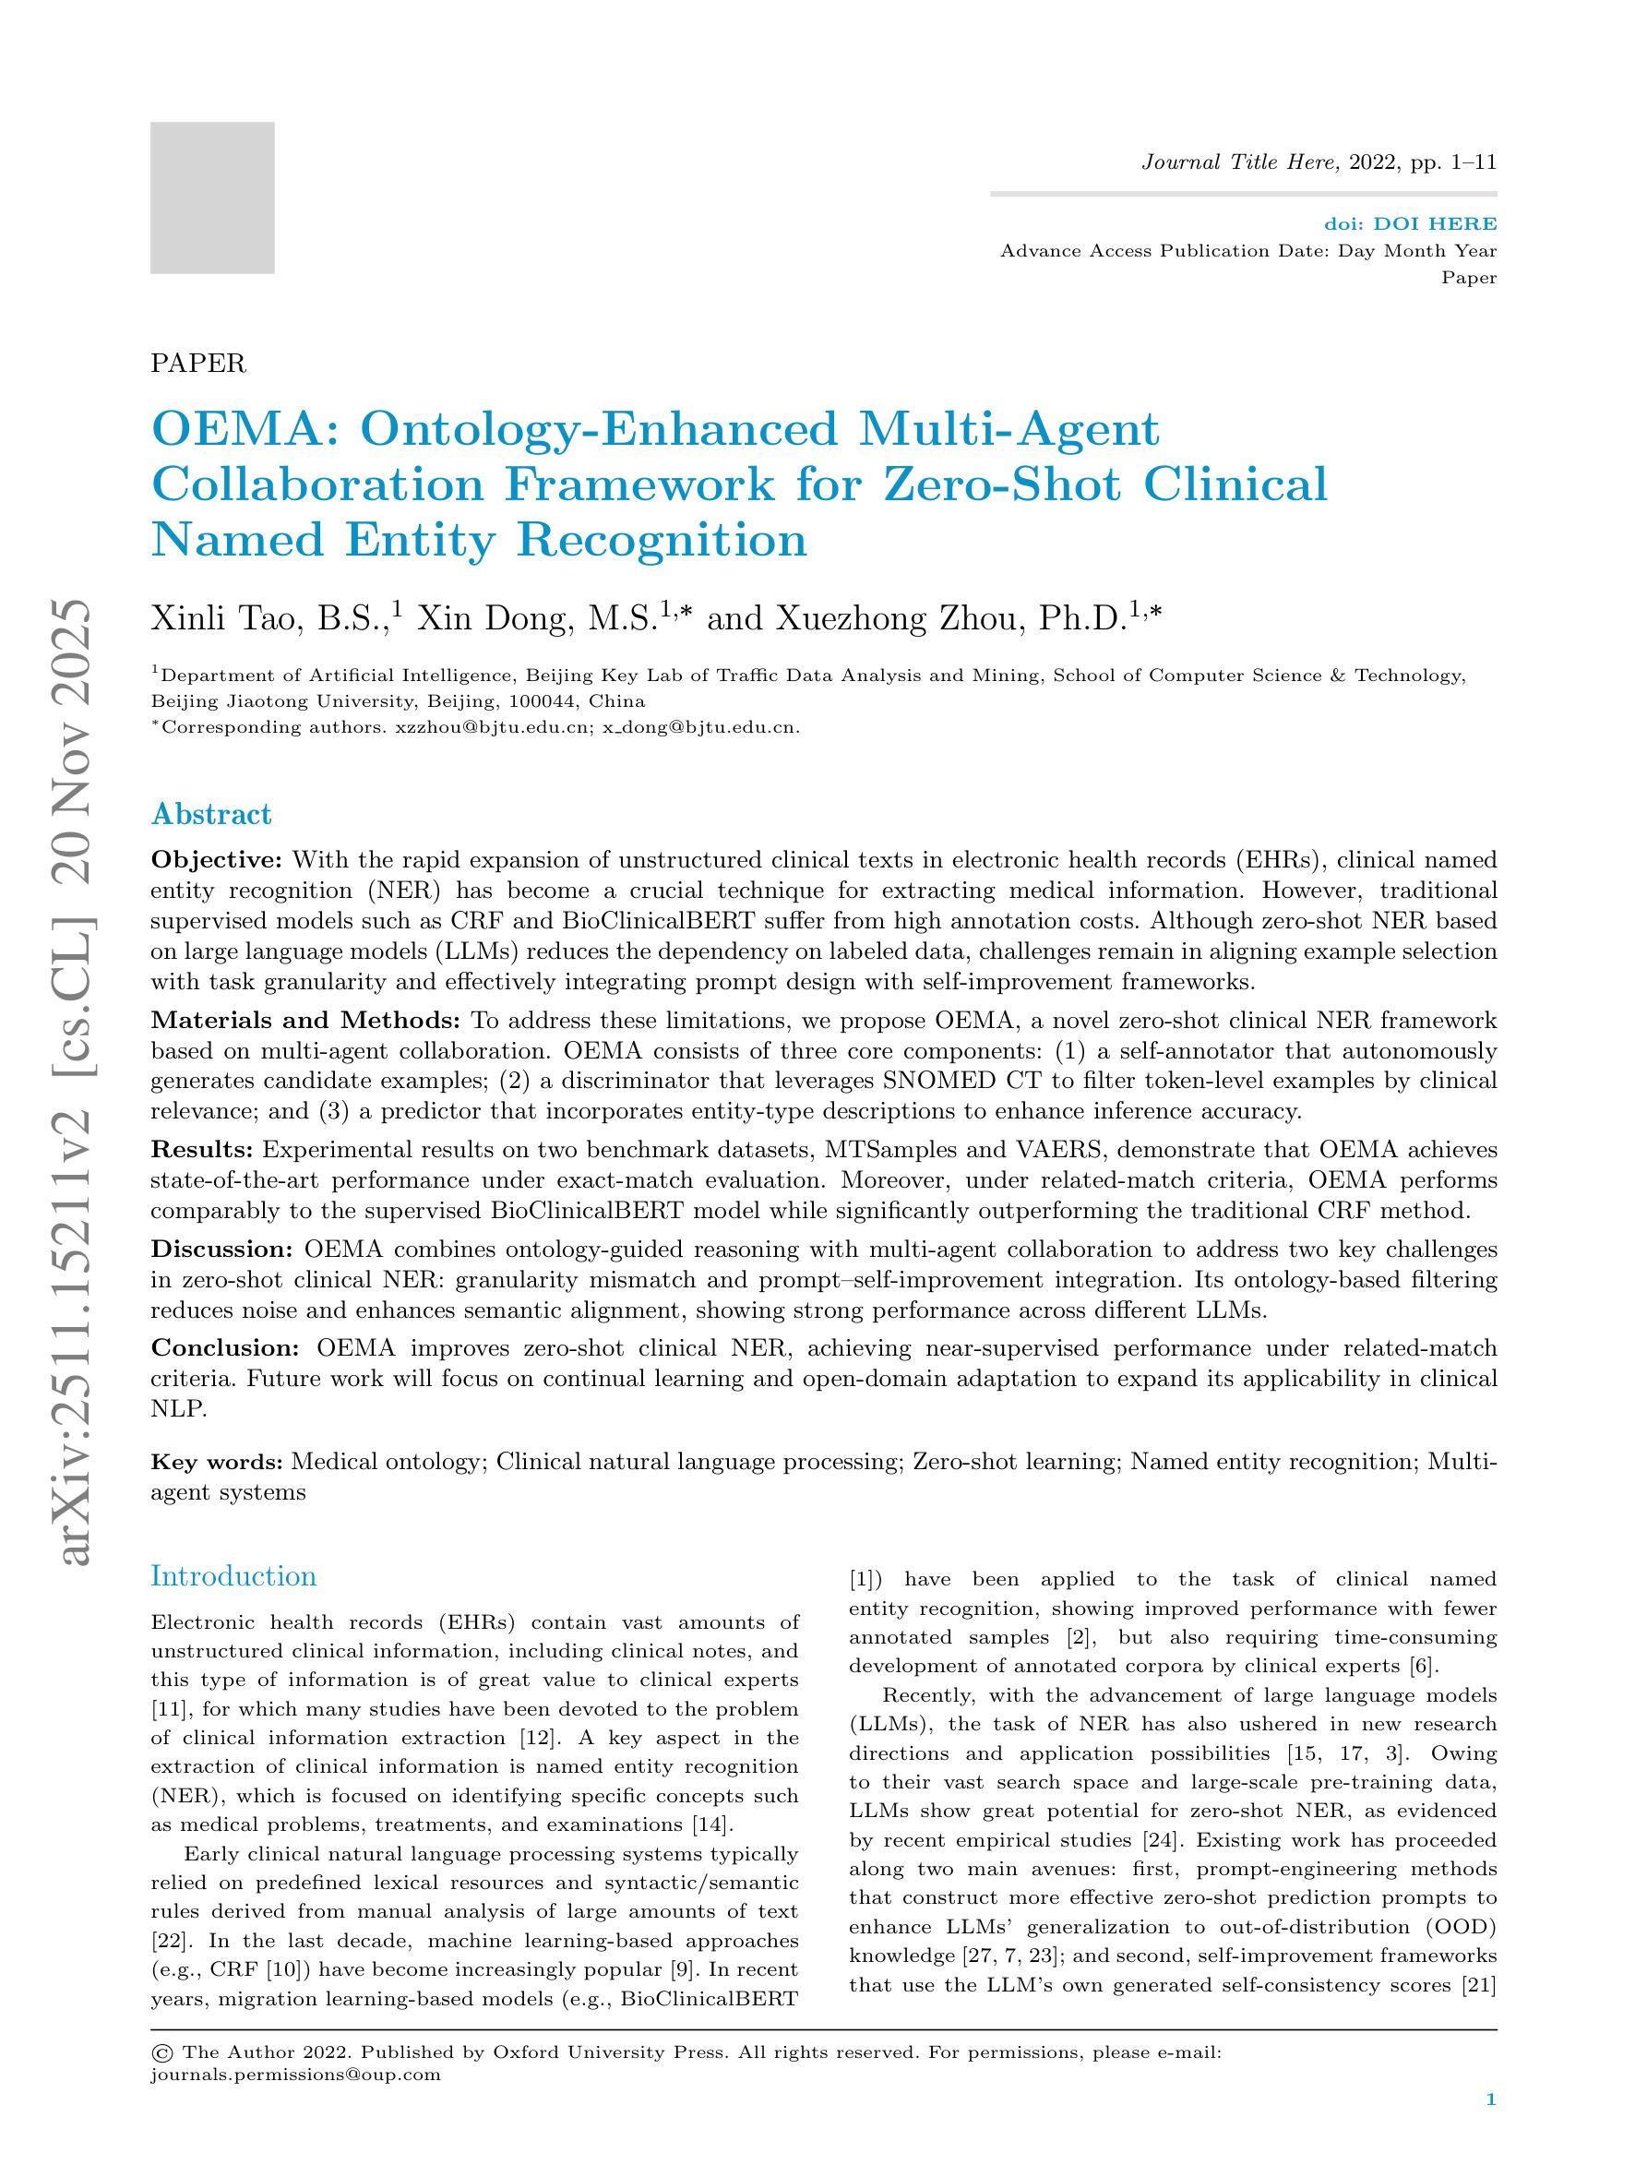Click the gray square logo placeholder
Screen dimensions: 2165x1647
click(x=212, y=197)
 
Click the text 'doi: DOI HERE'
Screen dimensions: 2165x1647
click(x=1410, y=224)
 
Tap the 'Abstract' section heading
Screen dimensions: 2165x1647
click(x=210, y=814)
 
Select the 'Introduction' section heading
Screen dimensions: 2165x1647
click(x=233, y=1575)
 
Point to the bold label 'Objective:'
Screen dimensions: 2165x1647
click(x=217, y=860)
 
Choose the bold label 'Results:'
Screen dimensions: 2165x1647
click(x=202, y=1149)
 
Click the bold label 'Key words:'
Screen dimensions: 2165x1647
click(x=217, y=1462)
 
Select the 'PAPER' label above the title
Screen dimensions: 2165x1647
click(x=198, y=364)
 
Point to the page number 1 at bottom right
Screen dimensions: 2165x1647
click(x=1490, y=2127)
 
